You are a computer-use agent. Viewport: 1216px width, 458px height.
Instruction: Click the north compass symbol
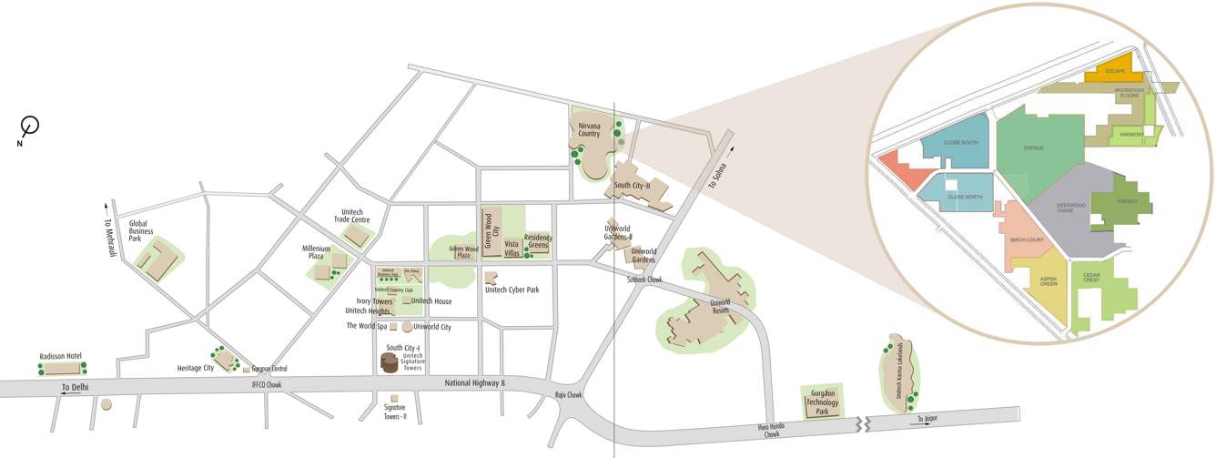coord(30,126)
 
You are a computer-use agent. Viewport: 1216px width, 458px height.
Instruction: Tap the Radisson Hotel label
coord(61,356)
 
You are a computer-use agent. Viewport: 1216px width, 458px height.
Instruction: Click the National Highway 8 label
coord(474,383)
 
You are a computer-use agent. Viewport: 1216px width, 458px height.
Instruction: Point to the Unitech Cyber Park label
coord(512,290)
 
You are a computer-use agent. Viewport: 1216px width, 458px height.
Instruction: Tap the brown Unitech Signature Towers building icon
coord(390,362)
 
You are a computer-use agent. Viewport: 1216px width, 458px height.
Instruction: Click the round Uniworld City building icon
coord(407,327)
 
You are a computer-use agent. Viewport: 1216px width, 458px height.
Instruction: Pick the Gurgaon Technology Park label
coord(822,401)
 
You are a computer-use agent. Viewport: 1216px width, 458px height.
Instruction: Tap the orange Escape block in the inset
coord(1115,72)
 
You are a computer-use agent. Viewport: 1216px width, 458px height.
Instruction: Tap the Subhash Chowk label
coord(644,280)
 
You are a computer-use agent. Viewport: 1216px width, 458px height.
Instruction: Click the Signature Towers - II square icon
coord(394,398)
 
